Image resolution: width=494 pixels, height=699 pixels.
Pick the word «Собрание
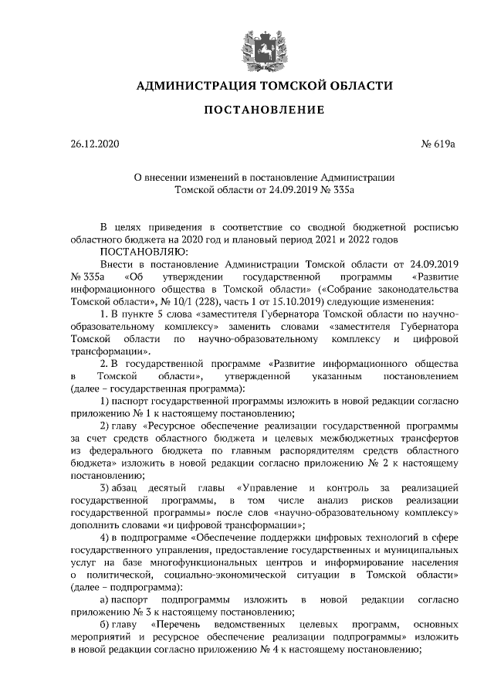tap(336, 288)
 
